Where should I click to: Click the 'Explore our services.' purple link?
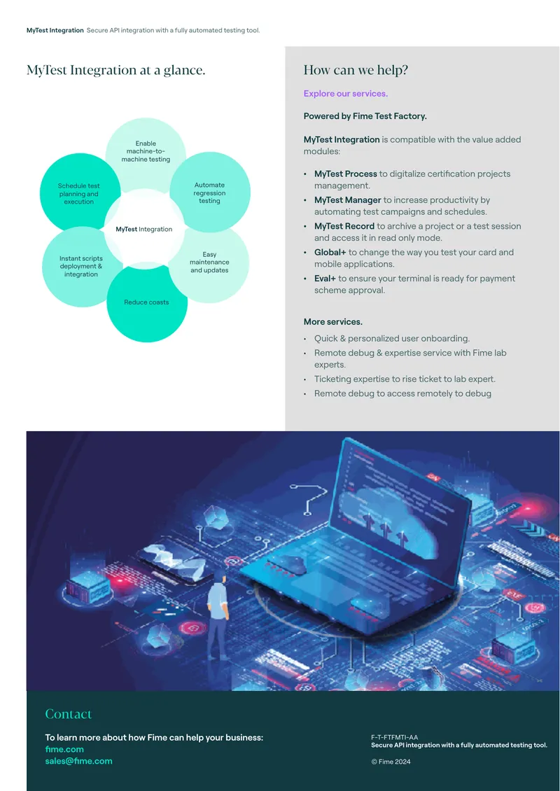click(346, 94)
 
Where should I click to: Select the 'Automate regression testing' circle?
click(210, 192)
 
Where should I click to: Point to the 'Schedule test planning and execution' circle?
click(80, 194)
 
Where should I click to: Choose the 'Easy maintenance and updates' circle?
click(209, 262)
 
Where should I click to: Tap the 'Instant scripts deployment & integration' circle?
click(82, 267)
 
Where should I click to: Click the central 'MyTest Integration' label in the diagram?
click(144, 229)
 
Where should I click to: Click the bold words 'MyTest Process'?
click(346, 174)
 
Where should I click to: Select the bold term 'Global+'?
click(330, 252)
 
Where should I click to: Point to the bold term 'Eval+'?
click(325, 279)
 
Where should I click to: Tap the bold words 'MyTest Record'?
click(344, 226)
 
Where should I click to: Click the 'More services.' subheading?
click(333, 322)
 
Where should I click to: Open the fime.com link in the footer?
click(64, 750)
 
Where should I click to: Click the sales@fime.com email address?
click(78, 761)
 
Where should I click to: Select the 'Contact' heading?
click(69, 714)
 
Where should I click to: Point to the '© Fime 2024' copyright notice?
click(391, 762)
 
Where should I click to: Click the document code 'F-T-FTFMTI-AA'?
click(395, 738)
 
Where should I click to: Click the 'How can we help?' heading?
click(356, 70)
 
